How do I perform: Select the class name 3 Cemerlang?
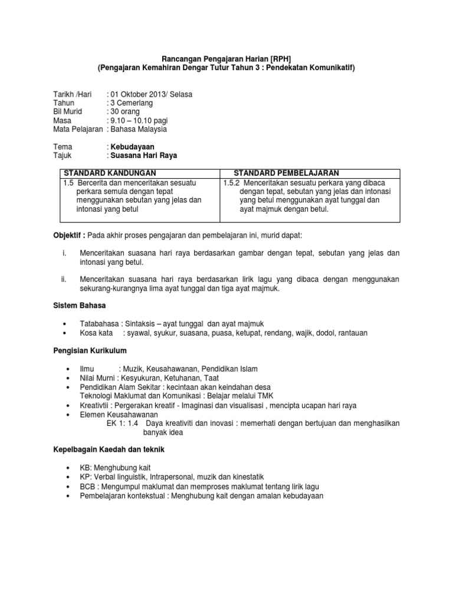pyautogui.click(x=132, y=103)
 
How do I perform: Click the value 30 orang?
pyautogui.click(x=125, y=111)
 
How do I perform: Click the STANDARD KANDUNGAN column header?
pyautogui.click(x=110, y=173)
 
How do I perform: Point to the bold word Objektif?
pyautogui.click(x=69, y=235)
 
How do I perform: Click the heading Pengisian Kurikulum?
pyautogui.click(x=90, y=351)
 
